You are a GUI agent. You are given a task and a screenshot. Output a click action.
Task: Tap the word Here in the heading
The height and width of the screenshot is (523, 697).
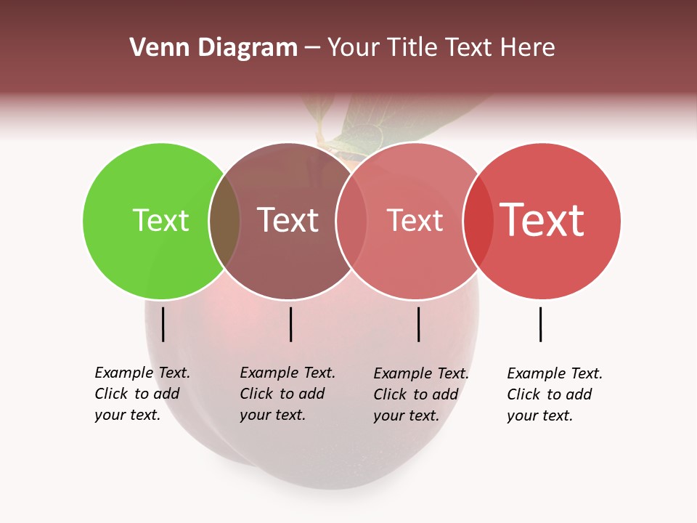point(528,48)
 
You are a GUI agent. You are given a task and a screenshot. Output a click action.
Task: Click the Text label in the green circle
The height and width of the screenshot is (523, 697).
point(160,220)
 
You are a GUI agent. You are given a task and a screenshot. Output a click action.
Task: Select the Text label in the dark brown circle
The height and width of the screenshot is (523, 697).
point(288,220)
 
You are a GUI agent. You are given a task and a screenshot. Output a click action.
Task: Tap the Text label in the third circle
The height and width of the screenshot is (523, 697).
point(415,220)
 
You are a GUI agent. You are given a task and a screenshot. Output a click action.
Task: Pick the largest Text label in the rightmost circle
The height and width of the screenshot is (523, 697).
point(542,220)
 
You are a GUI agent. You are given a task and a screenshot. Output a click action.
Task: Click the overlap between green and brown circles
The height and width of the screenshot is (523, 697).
point(225,221)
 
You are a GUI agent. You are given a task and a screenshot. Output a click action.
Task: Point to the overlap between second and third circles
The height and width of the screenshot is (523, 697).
point(351,221)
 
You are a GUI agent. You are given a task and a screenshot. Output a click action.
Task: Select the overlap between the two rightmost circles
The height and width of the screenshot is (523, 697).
point(478,221)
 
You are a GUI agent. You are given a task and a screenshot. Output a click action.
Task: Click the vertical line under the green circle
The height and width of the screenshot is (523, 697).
point(163,324)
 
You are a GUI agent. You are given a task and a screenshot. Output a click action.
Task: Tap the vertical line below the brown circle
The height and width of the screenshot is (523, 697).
point(290,324)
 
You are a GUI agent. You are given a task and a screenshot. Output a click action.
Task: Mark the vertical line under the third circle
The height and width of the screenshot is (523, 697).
point(418,324)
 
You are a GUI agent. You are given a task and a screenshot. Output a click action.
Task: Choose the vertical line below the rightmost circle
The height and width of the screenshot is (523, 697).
point(540,324)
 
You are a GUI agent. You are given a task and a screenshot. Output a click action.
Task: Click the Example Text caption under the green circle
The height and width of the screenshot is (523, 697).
point(142,394)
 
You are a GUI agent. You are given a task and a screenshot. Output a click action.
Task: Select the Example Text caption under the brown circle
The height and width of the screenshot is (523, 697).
point(287,394)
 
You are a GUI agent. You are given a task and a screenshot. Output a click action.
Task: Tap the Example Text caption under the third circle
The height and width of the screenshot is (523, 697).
point(420,394)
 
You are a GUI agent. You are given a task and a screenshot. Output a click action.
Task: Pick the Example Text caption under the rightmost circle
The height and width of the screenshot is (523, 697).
point(554,394)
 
